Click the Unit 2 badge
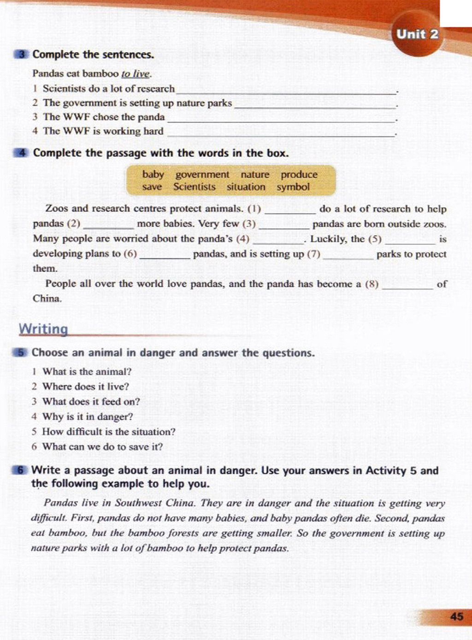tap(418, 35)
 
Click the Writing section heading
tap(43, 329)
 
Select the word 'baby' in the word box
tap(153, 175)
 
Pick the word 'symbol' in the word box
tap(293, 187)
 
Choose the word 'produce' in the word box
tap(299, 175)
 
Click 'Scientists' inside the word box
tap(195, 187)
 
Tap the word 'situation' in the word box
tap(246, 187)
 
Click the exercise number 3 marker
tap(21, 54)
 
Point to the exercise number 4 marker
tap(21, 153)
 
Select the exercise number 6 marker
tap(20, 470)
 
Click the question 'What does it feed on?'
tap(91, 401)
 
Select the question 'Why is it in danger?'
tap(88, 417)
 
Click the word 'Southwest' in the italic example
tap(139, 503)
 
